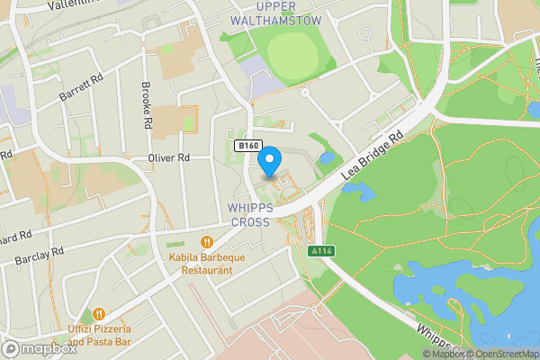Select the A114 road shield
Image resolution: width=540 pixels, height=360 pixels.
click(x=319, y=251)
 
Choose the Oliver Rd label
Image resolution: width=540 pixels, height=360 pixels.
click(x=168, y=157)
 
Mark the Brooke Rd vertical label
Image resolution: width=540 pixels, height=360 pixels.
click(x=146, y=105)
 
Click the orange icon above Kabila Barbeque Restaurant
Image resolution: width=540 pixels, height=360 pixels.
click(x=206, y=241)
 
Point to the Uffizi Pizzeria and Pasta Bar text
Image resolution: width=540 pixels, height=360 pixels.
click(x=100, y=336)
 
